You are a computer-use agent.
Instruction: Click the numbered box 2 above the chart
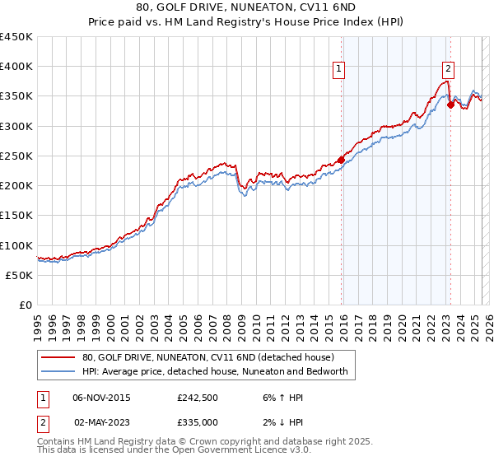(x=449, y=70)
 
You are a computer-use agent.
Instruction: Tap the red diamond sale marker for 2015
(x=341, y=161)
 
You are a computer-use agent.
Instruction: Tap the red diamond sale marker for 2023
(x=450, y=105)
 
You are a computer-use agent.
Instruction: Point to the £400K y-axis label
(x=16, y=67)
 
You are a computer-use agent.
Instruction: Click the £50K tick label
(x=20, y=276)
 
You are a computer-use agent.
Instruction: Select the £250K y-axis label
(x=16, y=156)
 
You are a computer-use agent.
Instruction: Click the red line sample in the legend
(x=58, y=358)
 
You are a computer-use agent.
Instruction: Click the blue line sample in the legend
(x=58, y=372)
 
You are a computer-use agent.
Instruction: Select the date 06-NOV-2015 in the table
(x=101, y=398)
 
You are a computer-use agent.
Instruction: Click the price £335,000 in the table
(x=197, y=421)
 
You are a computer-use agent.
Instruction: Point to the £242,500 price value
(x=197, y=398)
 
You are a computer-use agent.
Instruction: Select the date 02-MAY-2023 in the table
(x=101, y=421)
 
